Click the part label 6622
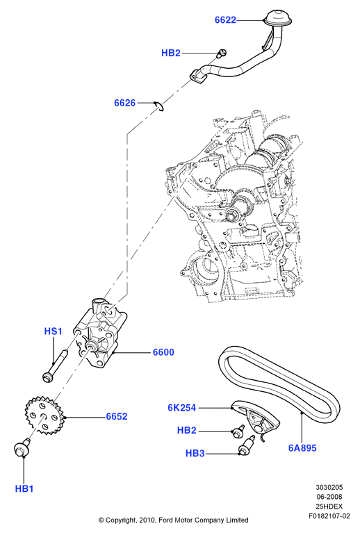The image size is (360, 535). [x=225, y=20]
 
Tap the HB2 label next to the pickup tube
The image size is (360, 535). [x=170, y=53]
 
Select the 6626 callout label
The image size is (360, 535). [x=125, y=103]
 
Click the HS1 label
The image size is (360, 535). [x=54, y=331]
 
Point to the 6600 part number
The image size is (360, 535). [x=163, y=352]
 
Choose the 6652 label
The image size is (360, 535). [x=116, y=417]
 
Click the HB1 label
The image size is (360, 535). [x=24, y=489]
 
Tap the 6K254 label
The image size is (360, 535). [x=182, y=408]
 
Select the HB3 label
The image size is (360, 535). [x=195, y=454]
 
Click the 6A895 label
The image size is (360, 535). [x=303, y=448]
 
